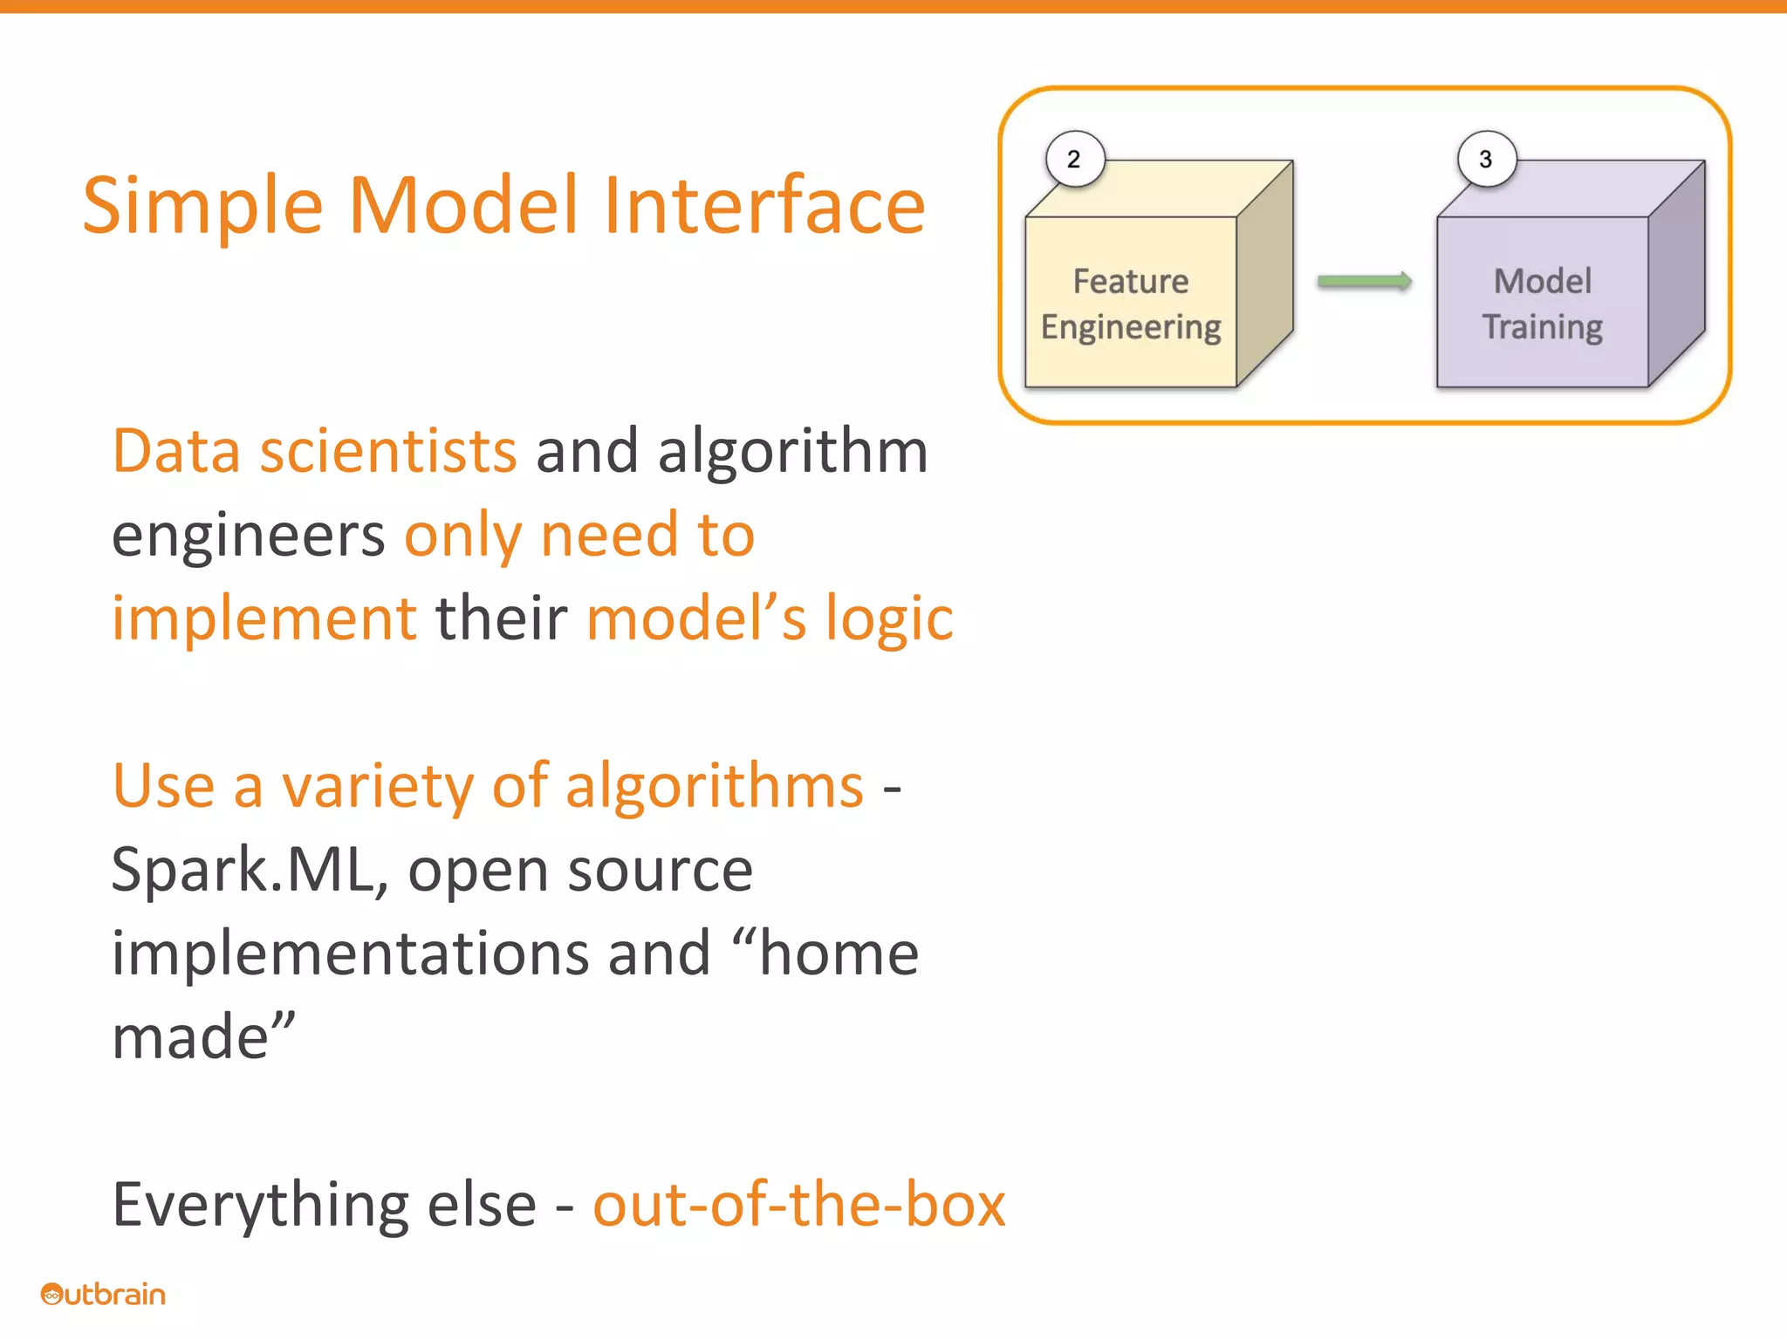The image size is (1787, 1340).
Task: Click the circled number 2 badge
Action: coord(1075,159)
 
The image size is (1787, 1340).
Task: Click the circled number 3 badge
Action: coord(1486,159)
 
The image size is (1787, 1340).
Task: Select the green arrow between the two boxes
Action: coord(1364,281)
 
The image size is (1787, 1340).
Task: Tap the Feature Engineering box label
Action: coord(1131,304)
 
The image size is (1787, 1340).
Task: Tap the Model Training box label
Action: coord(1542,304)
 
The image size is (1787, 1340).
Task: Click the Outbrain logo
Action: coord(103,1294)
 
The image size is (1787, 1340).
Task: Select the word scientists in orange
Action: coord(388,451)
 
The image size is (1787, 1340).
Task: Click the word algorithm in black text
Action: coord(792,451)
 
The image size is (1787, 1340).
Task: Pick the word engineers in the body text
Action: coord(248,535)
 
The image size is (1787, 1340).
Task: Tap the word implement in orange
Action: coord(264,619)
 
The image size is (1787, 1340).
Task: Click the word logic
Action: coord(889,619)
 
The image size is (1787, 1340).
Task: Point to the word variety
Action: coord(376,786)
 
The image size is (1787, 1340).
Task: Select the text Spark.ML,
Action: coord(250,870)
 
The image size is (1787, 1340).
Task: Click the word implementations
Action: coord(349,954)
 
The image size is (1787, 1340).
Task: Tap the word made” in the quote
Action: coord(203,1037)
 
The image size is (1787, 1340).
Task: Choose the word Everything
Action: coord(261,1205)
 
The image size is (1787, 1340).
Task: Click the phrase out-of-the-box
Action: coord(798,1205)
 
